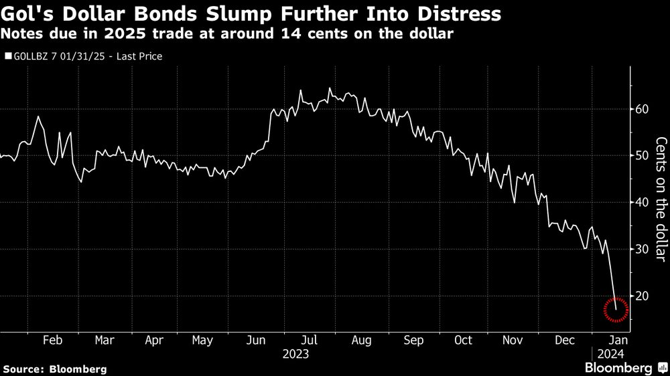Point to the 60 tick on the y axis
643,109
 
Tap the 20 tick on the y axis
643,296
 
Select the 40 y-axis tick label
643,202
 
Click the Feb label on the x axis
53,340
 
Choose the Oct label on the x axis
463,340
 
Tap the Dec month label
565,340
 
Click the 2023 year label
295,353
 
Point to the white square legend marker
8,57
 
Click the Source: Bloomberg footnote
54,369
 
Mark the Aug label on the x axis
362,340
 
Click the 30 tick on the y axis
643,249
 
